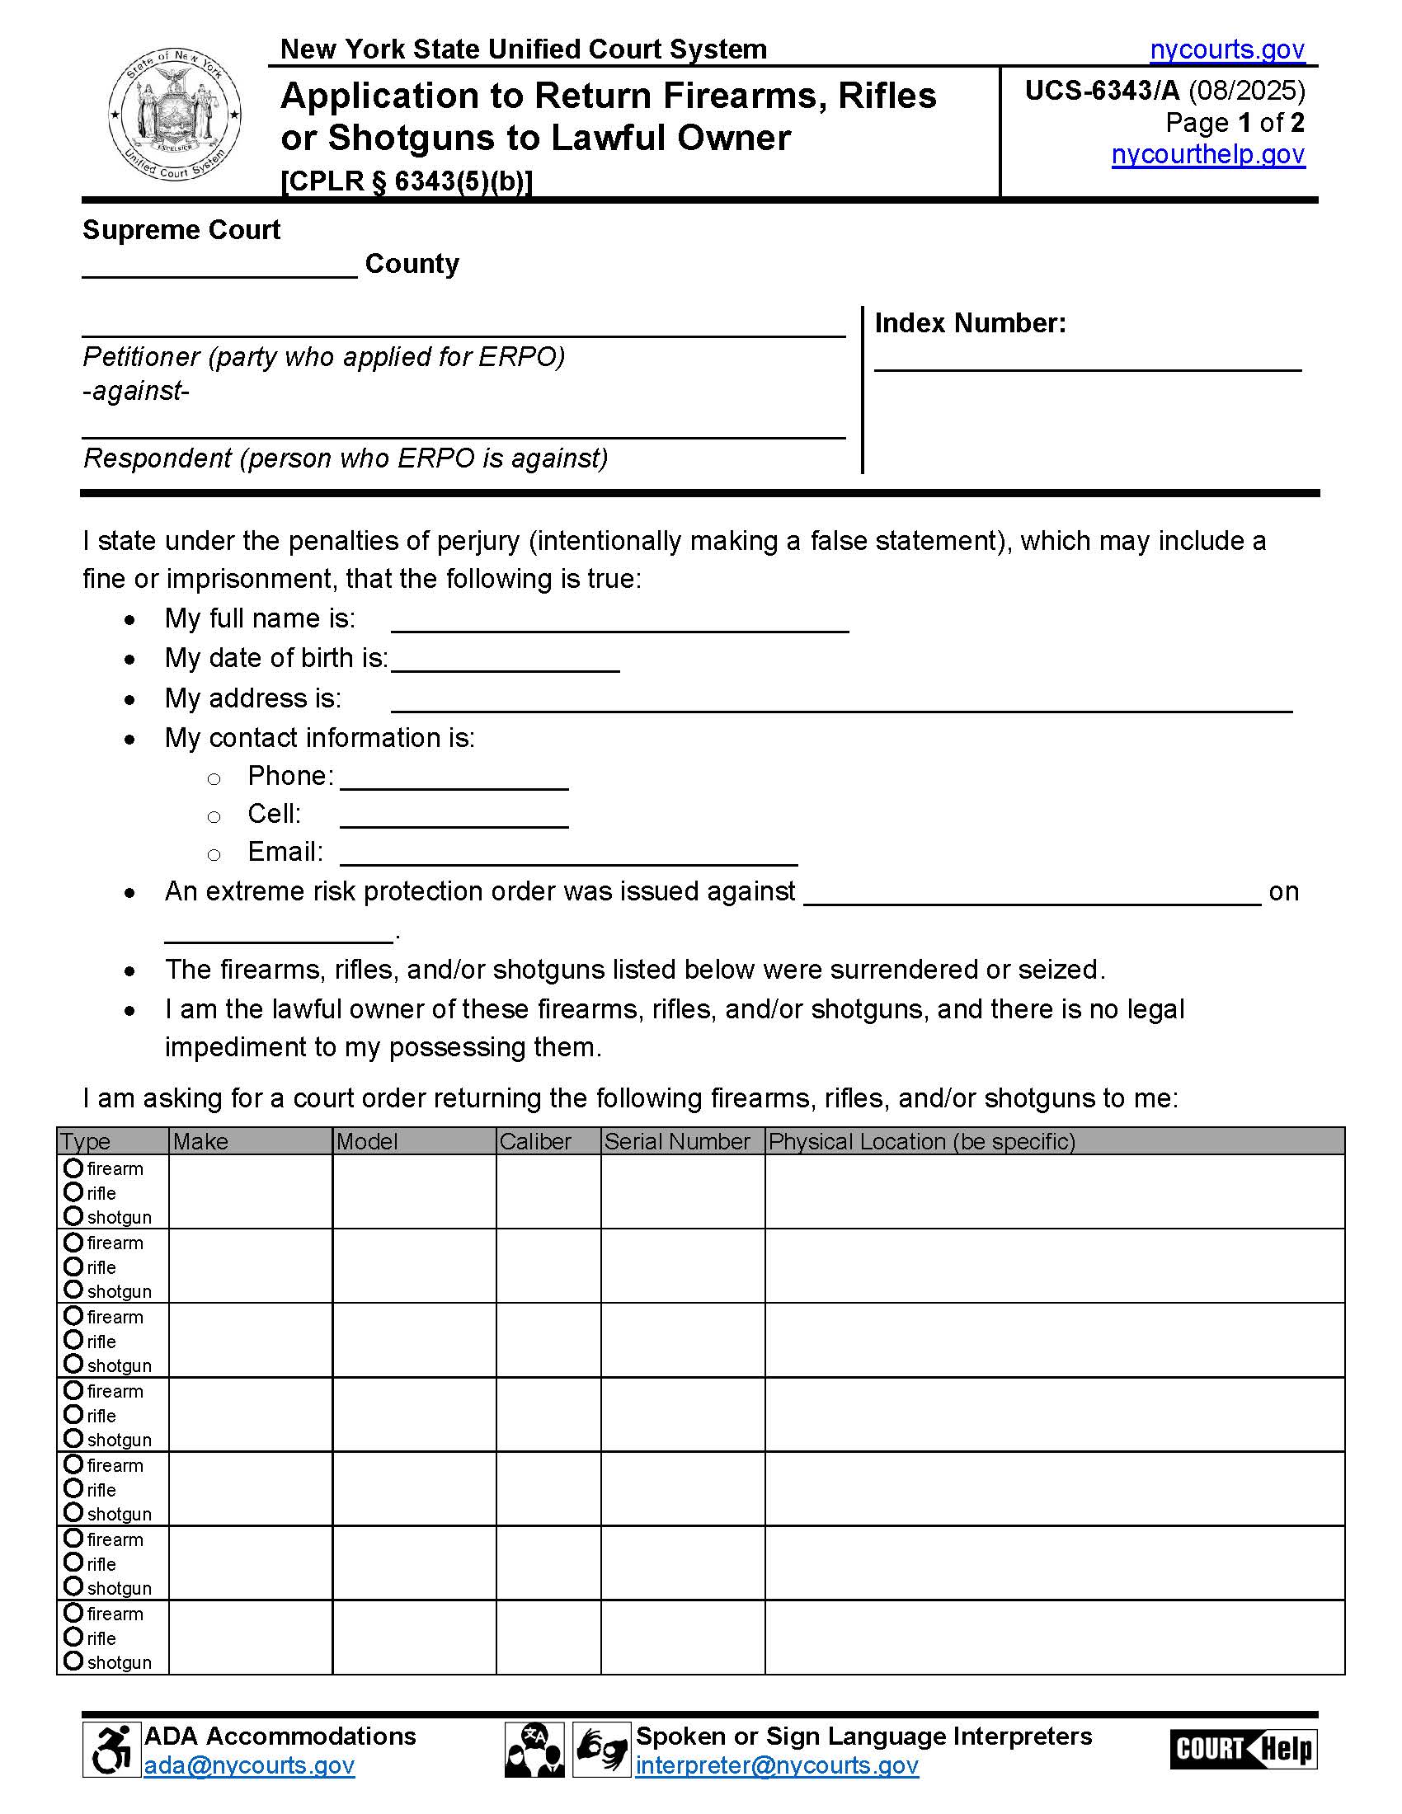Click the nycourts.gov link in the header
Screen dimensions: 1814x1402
click(x=1227, y=49)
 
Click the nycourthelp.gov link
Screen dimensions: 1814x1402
click(x=1207, y=154)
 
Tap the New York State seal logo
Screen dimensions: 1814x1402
click(x=174, y=115)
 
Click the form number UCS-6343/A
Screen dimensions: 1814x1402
click(x=1101, y=90)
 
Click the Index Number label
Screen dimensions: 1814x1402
click(x=969, y=322)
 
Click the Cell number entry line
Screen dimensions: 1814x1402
click(x=454, y=816)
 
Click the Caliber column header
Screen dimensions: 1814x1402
click(x=536, y=1141)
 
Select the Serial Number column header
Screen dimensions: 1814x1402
click(x=677, y=1141)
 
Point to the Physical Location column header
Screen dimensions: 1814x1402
click(x=922, y=1141)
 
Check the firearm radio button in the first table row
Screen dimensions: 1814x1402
click(x=73, y=1168)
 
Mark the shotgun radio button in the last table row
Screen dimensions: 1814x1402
click(x=73, y=1661)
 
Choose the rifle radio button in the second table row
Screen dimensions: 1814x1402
click(x=73, y=1267)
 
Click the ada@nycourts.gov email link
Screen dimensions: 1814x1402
click(x=249, y=1766)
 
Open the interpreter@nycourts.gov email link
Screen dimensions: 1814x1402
click(x=777, y=1766)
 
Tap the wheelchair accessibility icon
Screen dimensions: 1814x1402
click(x=111, y=1750)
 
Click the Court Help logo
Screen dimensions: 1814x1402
click(x=1243, y=1750)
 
